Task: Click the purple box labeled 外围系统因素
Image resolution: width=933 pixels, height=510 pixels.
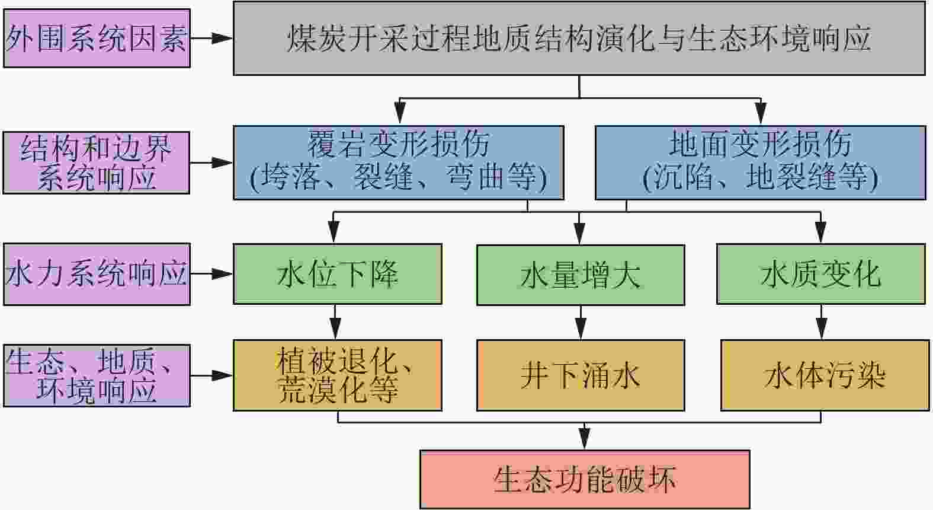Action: coord(97,38)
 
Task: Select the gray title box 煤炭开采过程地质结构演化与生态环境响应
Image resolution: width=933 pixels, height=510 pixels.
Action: coord(579,39)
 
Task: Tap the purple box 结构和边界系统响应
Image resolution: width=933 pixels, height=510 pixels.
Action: coord(97,162)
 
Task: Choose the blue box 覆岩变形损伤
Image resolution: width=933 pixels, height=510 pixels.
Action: coord(398,162)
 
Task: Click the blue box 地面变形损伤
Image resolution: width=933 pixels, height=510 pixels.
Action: coord(760,162)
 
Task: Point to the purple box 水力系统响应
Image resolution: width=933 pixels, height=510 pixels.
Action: coord(97,274)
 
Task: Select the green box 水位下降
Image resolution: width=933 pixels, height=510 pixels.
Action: coord(337,274)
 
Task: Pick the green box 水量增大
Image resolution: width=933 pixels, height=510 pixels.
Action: coord(581,275)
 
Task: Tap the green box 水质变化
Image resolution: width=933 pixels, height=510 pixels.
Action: coord(820,274)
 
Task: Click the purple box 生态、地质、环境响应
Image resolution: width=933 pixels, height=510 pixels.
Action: coord(97,375)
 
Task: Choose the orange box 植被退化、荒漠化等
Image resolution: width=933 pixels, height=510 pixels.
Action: coord(337,375)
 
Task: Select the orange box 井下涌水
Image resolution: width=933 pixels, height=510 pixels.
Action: coord(581,375)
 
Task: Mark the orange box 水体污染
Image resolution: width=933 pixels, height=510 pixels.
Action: coord(825,375)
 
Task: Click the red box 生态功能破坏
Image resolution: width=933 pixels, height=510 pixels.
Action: coord(585,479)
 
